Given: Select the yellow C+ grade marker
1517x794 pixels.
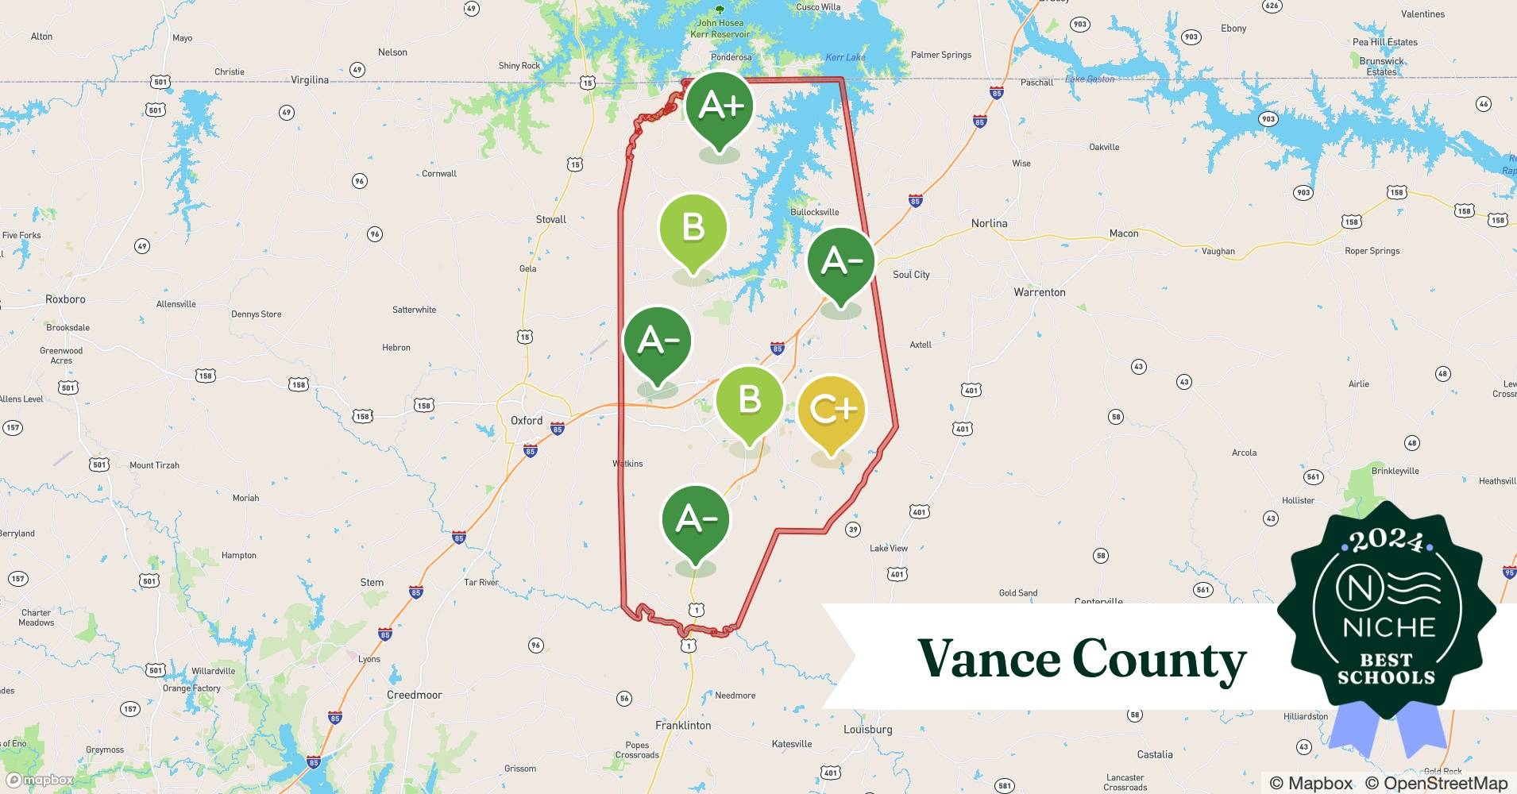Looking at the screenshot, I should click(x=831, y=410).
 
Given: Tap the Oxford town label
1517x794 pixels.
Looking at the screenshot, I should click(x=527, y=421).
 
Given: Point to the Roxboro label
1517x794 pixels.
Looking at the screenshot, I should click(x=65, y=299).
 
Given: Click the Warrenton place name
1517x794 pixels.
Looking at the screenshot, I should click(x=1039, y=292).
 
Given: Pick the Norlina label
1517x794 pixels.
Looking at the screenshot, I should click(x=989, y=223).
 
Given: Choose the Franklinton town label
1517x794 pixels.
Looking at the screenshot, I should click(x=683, y=725).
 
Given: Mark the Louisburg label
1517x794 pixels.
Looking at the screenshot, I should click(x=867, y=729).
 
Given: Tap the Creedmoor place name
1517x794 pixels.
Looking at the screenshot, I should click(x=414, y=695).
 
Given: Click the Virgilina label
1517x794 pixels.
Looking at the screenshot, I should click(x=310, y=80).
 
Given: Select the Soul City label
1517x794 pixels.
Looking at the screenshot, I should click(x=911, y=275).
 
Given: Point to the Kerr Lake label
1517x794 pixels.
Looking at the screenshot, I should click(x=845, y=57).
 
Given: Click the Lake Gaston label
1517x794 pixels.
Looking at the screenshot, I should click(x=1089, y=79).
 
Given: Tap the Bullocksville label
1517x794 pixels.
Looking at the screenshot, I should click(x=814, y=212).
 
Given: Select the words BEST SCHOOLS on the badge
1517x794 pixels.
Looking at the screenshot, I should click(x=1386, y=669).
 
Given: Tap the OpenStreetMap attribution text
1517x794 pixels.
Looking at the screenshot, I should click(x=1436, y=783).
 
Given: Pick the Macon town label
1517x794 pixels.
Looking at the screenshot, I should click(x=1123, y=233).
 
